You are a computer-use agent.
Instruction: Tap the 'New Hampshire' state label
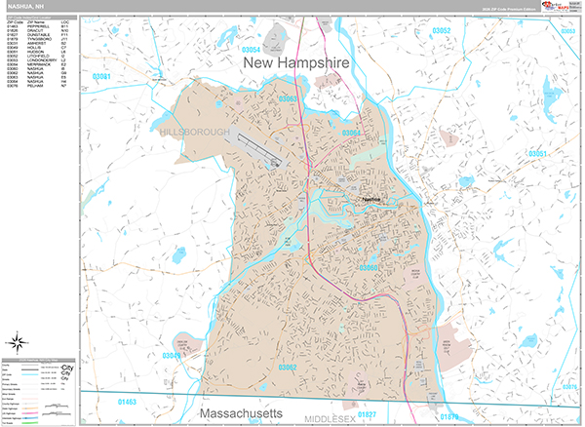293,64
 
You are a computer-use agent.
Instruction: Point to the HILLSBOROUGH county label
195,131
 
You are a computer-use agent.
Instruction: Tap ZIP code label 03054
251,49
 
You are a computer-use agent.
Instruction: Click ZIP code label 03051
536,154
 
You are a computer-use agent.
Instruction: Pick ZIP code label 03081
103,76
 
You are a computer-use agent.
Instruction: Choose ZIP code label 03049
170,356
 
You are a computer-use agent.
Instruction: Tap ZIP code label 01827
366,414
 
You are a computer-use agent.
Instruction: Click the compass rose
19,342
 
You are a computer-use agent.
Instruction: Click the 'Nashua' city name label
370,199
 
